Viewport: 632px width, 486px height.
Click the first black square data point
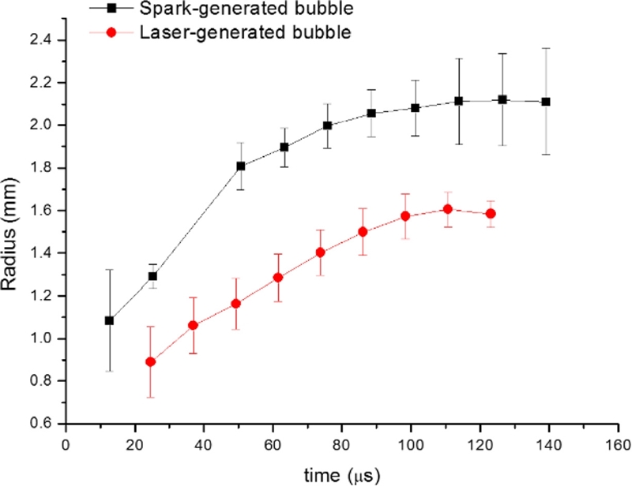tap(109, 320)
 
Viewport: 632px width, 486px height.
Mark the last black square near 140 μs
tap(545, 102)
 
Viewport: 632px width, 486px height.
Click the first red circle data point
tap(150, 361)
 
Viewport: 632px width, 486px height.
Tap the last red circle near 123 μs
tap(491, 213)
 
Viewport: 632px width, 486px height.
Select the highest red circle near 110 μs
tap(448, 209)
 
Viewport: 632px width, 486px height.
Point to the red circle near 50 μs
tap(235, 303)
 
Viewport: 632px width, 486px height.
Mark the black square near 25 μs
tap(152, 276)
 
